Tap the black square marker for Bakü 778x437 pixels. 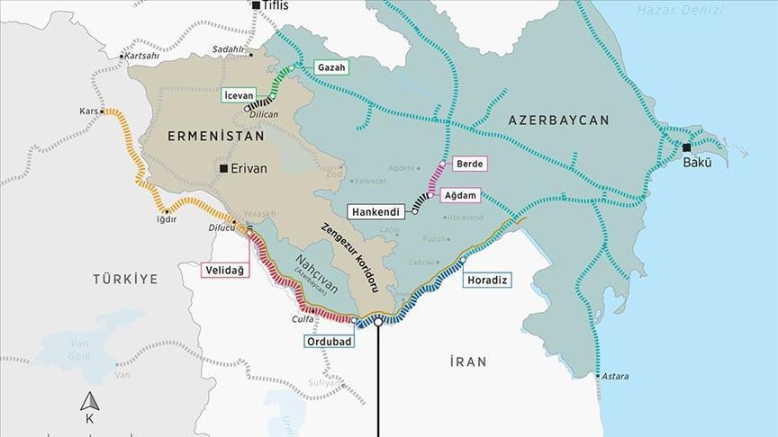click(x=687, y=147)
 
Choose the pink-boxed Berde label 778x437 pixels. click(x=470, y=164)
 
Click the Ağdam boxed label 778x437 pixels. click(x=459, y=194)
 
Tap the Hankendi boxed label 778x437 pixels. click(x=379, y=211)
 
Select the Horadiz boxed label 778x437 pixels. click(x=488, y=280)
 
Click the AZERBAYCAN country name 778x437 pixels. click(x=558, y=120)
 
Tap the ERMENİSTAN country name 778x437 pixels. click(x=216, y=137)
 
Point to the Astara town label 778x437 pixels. click(x=616, y=376)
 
